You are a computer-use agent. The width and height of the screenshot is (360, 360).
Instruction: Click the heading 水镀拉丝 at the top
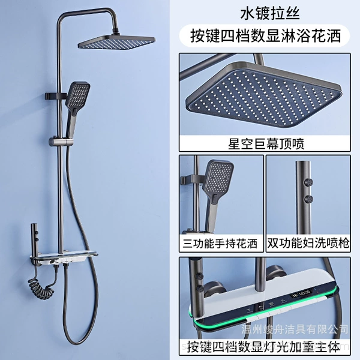tap(270, 14)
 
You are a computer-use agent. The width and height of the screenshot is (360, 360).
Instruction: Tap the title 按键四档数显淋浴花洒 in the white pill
tap(265, 36)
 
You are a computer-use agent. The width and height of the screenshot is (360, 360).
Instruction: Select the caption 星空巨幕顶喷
tap(266, 144)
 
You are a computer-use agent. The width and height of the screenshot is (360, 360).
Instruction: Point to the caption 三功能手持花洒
tap(220, 244)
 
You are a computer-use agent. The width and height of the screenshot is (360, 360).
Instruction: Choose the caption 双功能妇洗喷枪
tap(308, 244)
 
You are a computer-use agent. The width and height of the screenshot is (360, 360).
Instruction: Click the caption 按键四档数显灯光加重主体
tap(263, 347)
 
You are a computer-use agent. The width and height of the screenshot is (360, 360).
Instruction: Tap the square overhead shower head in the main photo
tap(116, 42)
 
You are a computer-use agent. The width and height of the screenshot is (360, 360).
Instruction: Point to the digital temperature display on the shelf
tap(301, 293)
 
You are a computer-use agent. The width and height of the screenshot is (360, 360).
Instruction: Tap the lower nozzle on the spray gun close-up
tap(308, 199)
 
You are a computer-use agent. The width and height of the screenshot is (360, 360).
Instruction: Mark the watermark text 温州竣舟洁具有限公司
tap(295, 329)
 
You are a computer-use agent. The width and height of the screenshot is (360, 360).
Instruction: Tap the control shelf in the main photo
tap(64, 257)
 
